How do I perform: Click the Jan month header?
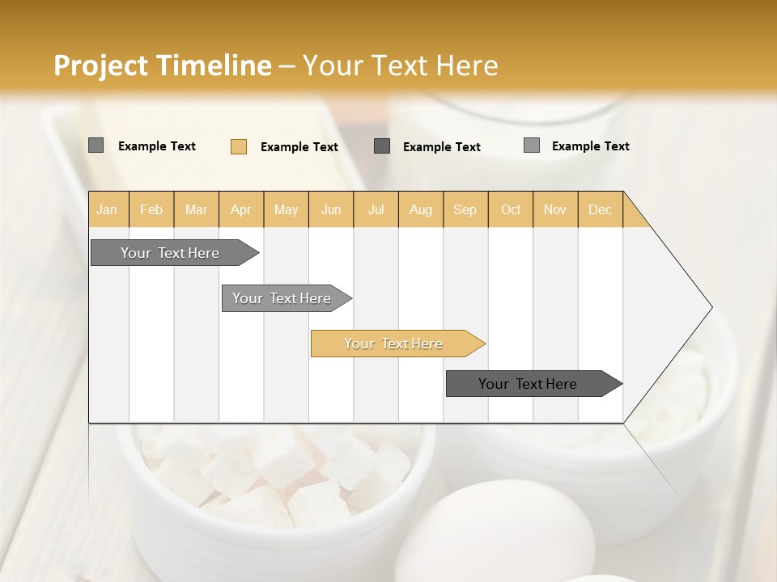[x=107, y=209]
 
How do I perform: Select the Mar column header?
[x=196, y=209]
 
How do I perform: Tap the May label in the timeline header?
[x=286, y=209]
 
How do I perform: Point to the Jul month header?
[x=376, y=209]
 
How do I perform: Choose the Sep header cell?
[x=465, y=209]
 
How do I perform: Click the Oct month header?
[x=511, y=209]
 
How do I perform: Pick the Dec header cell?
[x=600, y=209]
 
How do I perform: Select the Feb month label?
[x=151, y=209]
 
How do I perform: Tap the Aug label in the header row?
[x=420, y=209]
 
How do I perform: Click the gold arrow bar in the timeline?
[x=397, y=344]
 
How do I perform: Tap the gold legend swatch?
[x=239, y=146]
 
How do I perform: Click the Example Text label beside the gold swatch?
[x=299, y=147]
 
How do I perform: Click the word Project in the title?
[x=101, y=65]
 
